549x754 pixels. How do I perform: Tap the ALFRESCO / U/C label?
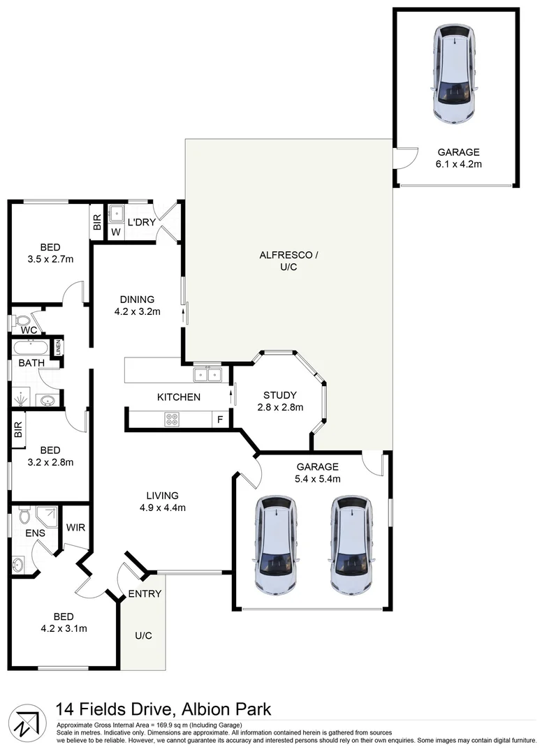288,261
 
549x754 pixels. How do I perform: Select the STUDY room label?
279,394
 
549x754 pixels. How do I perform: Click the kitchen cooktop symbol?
171,419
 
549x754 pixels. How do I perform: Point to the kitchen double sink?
207,375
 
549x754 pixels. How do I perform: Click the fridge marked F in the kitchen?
221,420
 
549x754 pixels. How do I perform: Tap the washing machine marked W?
115,231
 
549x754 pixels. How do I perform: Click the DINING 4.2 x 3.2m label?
137,305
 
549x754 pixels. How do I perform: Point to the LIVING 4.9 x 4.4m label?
162,501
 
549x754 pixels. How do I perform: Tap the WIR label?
75,527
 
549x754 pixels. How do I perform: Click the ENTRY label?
145,594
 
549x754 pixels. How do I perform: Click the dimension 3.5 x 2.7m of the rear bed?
50,259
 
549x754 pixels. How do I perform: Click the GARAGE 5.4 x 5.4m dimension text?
318,479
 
